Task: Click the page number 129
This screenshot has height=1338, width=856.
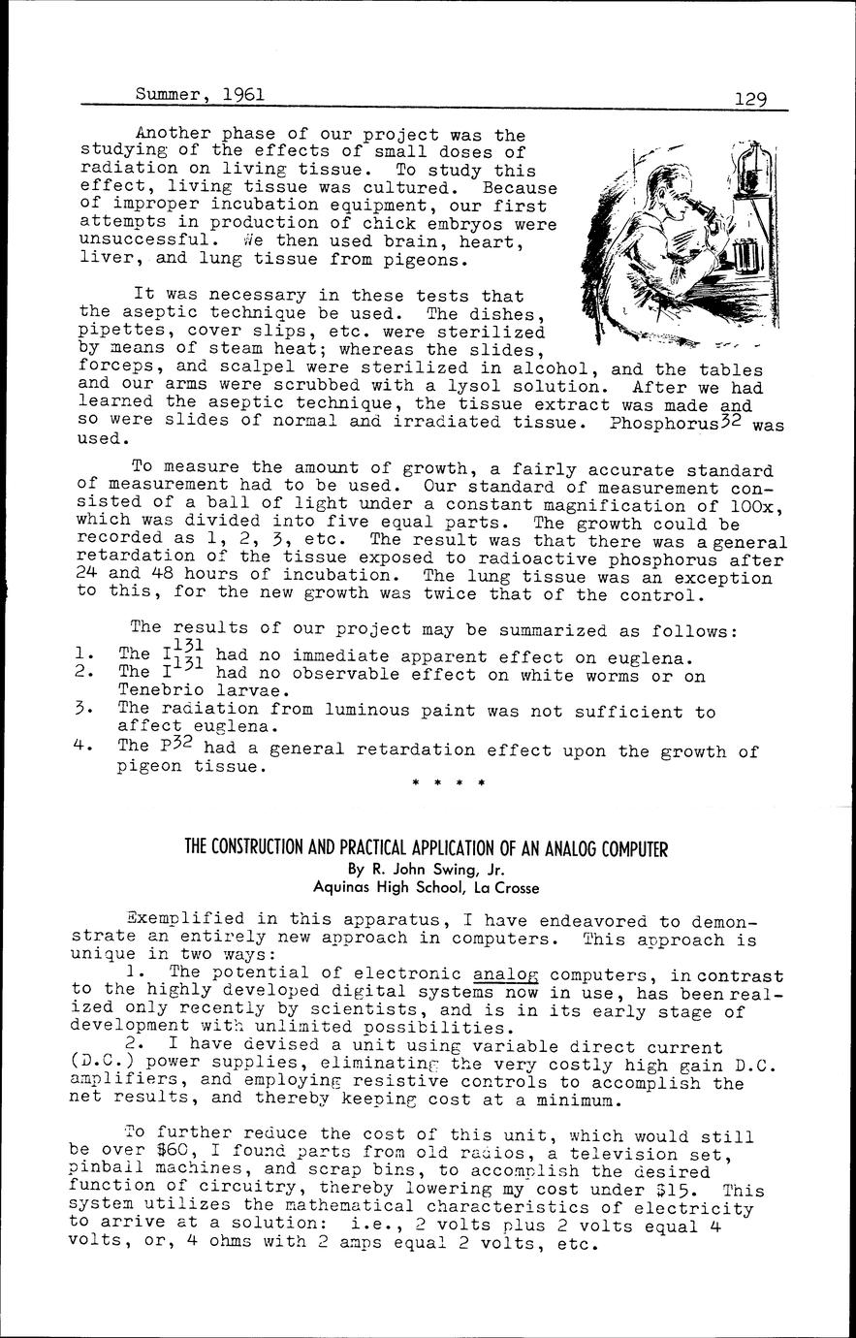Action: [x=750, y=98]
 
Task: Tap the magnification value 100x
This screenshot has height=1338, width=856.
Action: [x=749, y=506]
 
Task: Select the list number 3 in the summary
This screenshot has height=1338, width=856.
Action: [x=81, y=711]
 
